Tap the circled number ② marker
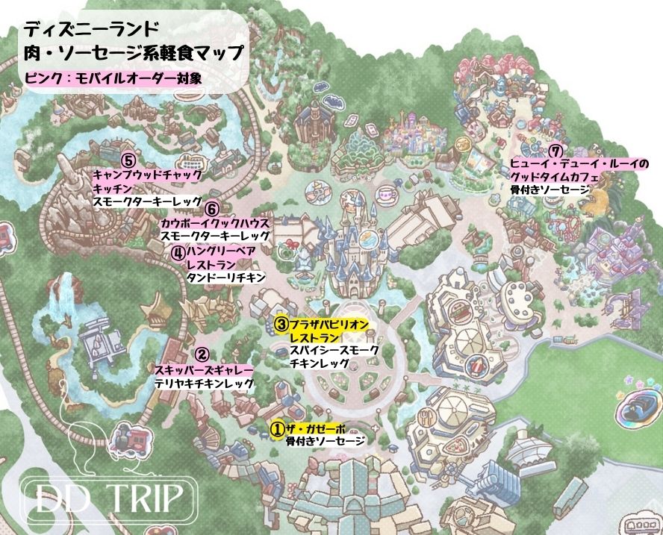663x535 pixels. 202,355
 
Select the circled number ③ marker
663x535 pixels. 281,324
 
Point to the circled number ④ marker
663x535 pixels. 178,252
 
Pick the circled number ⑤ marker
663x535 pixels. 128,160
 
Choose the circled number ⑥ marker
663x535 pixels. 212,210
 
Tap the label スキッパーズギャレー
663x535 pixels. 203,370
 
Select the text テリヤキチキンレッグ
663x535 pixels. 203,384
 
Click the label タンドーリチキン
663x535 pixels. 225,278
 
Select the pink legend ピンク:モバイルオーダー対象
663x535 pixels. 113,77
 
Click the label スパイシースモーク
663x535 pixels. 334,350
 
